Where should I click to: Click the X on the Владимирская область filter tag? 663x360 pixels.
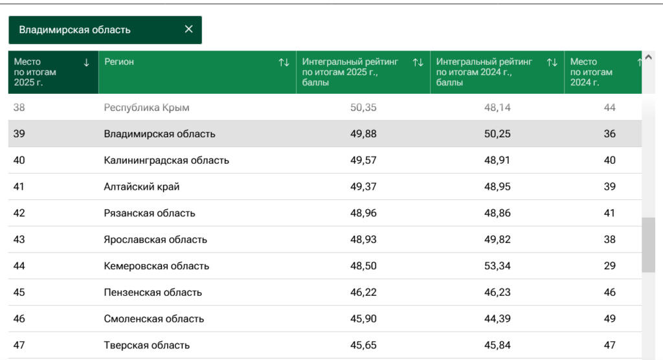coord(188,29)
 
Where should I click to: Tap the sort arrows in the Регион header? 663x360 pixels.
coord(284,63)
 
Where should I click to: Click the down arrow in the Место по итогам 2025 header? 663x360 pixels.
coord(86,63)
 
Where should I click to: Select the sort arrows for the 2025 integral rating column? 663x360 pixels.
coord(418,63)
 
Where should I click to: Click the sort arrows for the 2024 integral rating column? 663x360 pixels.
coord(552,63)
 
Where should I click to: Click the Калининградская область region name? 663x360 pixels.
coord(166,161)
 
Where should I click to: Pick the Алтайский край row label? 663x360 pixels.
coord(142,186)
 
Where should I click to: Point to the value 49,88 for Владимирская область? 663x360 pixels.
coord(363,134)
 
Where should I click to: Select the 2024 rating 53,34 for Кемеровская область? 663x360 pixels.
coord(497,266)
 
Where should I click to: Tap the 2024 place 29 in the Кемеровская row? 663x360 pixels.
coord(609,266)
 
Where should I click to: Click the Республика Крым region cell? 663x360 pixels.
coord(146,108)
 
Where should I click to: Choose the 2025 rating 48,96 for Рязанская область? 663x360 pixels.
coord(363,213)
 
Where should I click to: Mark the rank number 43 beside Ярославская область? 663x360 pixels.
coord(19,240)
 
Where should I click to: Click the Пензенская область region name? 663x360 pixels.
coord(153,292)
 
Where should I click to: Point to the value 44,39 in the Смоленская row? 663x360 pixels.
coord(497,319)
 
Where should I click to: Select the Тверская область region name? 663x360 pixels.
coord(147,345)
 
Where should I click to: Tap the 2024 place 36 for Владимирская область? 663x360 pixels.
coord(609,134)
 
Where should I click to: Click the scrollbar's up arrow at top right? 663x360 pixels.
coord(649,57)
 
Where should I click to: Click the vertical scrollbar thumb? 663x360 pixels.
coord(649,245)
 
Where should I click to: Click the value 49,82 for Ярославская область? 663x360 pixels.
coord(497,240)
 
